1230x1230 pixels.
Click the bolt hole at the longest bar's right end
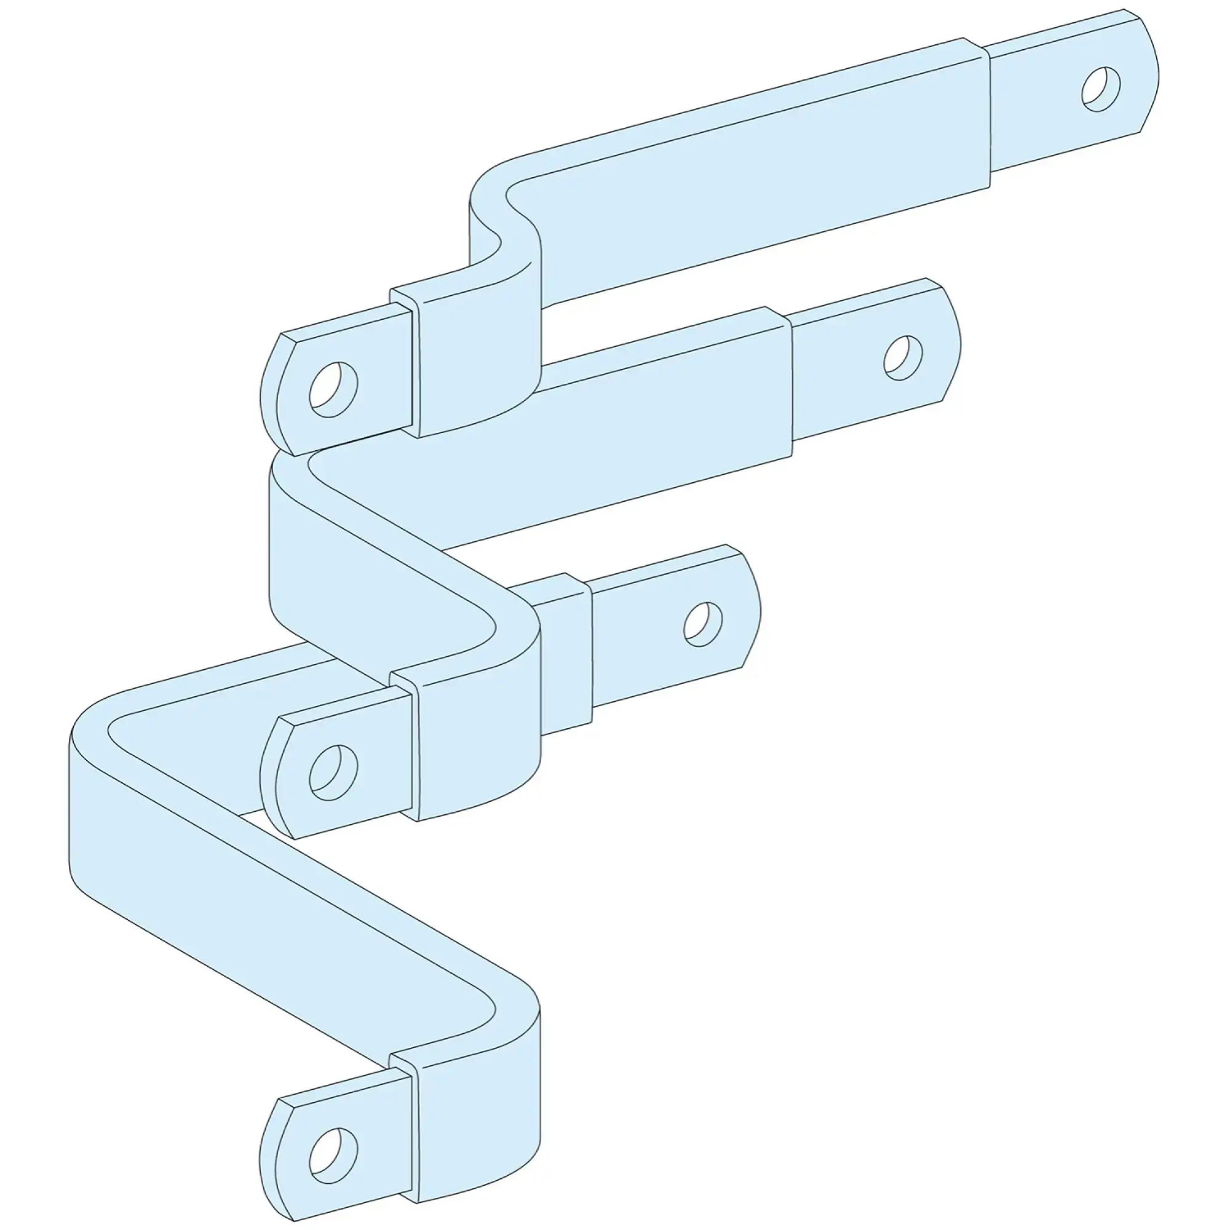click(x=1101, y=89)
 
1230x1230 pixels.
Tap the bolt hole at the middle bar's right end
click(x=903, y=358)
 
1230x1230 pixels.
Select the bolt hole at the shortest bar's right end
click(x=703, y=624)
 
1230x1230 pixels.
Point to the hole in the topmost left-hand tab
click(x=333, y=389)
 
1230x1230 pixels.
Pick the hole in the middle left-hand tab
click(x=333, y=772)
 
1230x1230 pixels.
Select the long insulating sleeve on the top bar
click(x=764, y=172)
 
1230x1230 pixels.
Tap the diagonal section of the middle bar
click(x=382, y=560)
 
